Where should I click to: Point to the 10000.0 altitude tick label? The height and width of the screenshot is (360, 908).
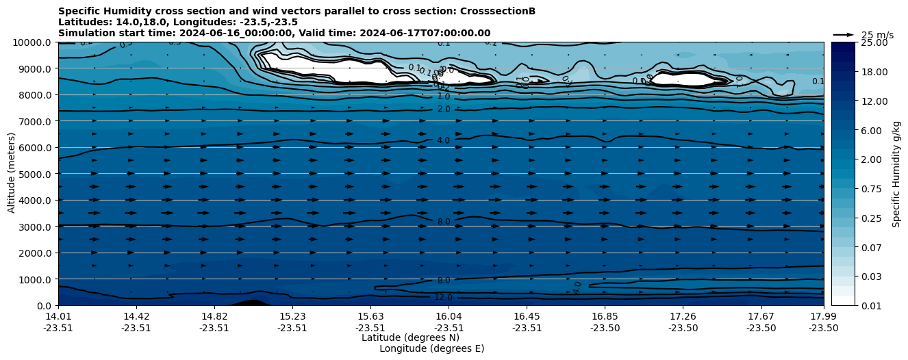point(34,42)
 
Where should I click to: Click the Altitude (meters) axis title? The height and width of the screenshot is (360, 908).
point(12,174)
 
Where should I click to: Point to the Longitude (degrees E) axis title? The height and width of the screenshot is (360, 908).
point(431,348)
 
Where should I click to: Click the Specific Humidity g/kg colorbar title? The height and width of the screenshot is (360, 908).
point(896,174)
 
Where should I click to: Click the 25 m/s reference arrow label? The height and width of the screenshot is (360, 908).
point(877,35)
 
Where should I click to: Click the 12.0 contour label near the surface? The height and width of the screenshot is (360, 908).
point(444,297)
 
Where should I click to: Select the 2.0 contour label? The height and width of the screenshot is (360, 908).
point(444,110)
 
